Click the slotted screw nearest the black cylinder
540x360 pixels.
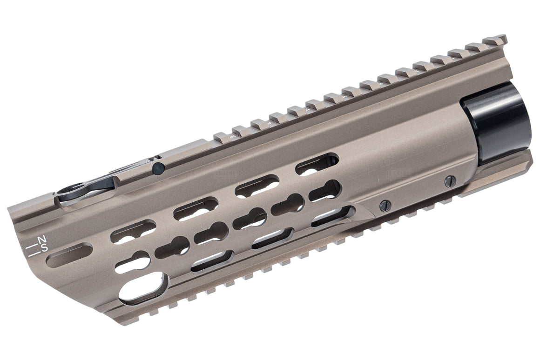(x=450, y=181)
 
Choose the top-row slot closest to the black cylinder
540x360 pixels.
(x=317, y=165)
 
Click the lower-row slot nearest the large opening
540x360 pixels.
(x=212, y=260)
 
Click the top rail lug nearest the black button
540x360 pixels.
(x=223, y=136)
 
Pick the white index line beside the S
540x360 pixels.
(x=33, y=254)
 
